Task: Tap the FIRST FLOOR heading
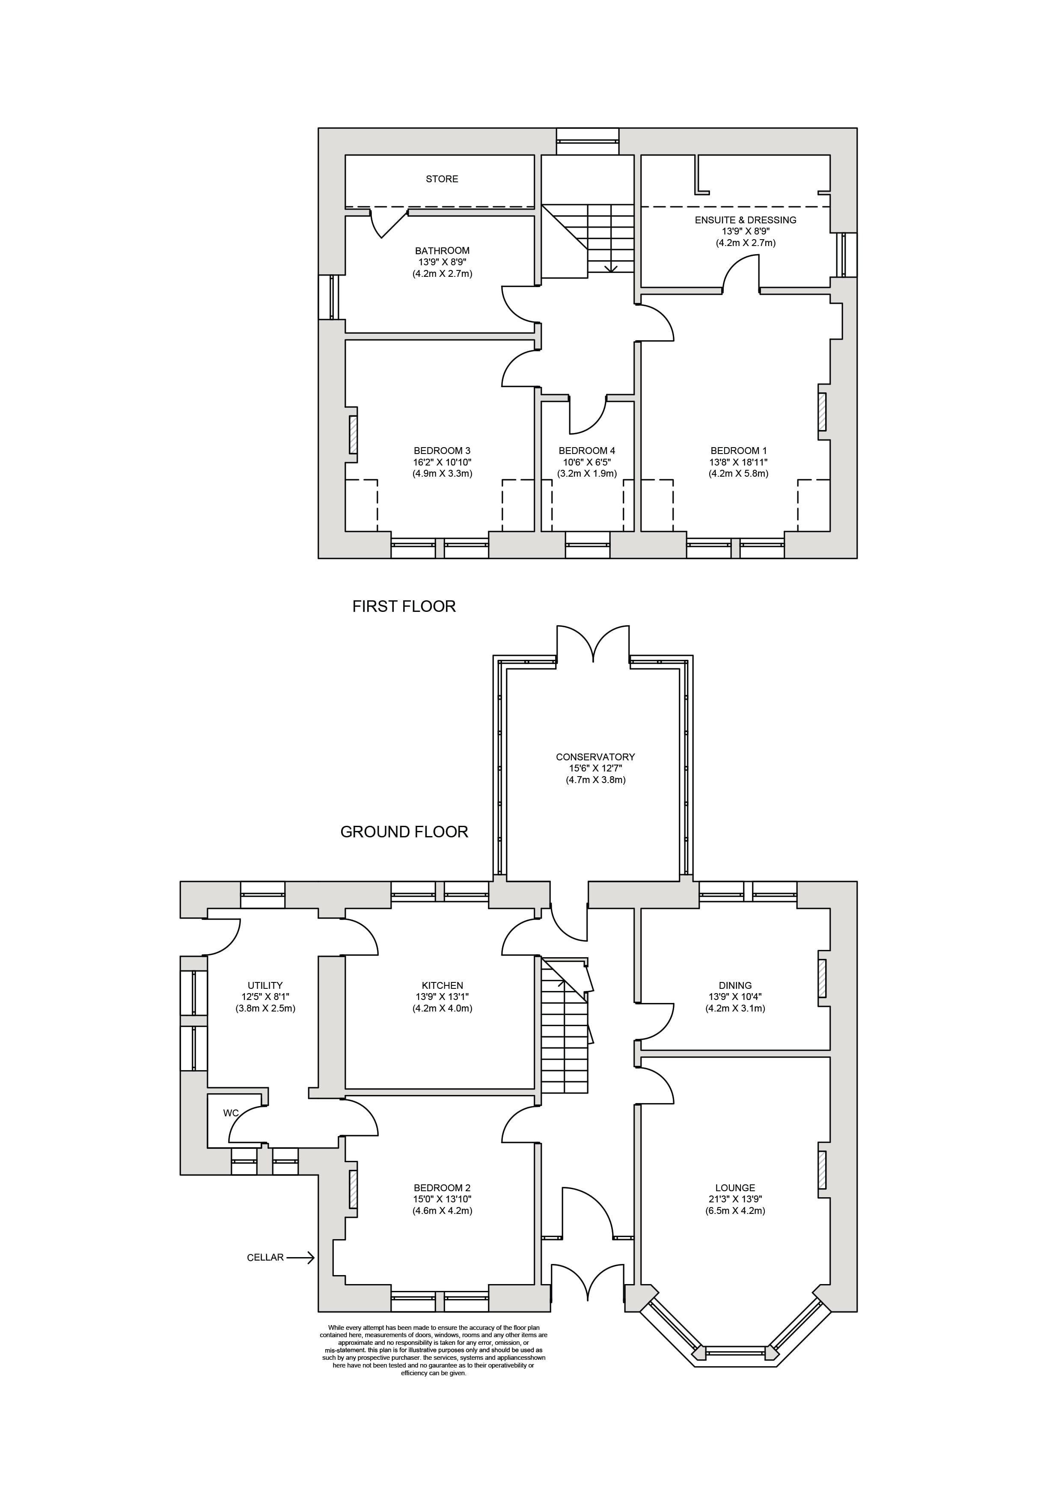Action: tap(404, 607)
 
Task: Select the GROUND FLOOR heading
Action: tap(404, 832)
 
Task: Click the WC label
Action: tap(231, 1112)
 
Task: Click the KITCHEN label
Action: tap(442, 986)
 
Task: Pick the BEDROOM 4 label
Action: tap(587, 451)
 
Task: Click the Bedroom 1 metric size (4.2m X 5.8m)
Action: tap(739, 473)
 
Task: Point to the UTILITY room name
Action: tap(265, 986)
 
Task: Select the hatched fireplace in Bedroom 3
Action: tap(354, 435)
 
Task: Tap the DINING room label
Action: tap(735, 986)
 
